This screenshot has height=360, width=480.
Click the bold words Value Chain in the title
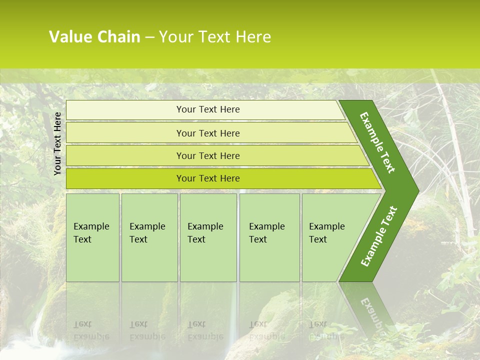tap(94, 37)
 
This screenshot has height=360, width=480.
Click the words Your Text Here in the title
tap(215, 37)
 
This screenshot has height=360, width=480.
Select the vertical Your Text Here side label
tap(57, 144)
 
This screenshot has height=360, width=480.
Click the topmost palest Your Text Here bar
tap(208, 109)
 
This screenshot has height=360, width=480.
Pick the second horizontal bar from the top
tap(208, 133)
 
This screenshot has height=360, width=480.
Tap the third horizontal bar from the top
tap(208, 156)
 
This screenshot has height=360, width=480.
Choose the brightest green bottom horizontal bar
tap(208, 178)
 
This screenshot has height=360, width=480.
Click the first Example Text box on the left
tap(92, 237)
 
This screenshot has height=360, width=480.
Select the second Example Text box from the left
tap(149, 237)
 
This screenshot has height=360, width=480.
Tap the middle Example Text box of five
tap(208, 237)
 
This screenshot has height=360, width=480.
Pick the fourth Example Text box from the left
tap(269, 237)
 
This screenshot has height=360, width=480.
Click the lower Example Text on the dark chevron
tap(379, 236)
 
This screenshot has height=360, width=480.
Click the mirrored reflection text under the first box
tap(91, 330)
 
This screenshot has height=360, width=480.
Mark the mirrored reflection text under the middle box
tap(205, 330)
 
